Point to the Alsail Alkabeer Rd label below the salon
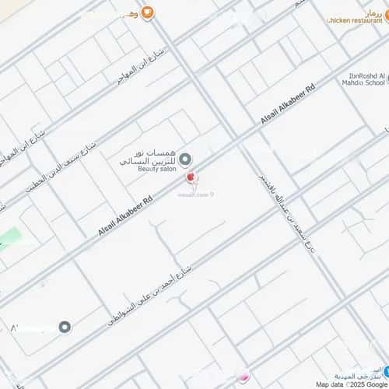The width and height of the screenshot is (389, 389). (125, 216)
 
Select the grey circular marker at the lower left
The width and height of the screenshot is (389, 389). (65, 327)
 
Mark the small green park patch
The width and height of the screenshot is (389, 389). (9, 237)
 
